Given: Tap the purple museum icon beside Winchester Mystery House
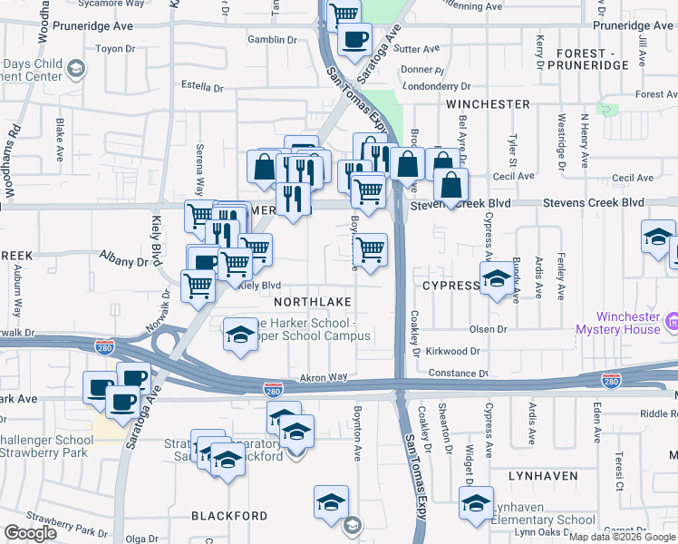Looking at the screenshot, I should pos(673,320).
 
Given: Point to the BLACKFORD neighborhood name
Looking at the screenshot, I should pos(229,516).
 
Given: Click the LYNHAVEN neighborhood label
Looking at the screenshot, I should pos(543,475).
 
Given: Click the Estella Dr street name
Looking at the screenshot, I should pos(202,87).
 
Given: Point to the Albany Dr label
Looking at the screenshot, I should pos(123,261).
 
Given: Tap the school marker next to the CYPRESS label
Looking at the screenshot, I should pos(497,279).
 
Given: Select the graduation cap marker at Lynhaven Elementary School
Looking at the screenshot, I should pos(476,503).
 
